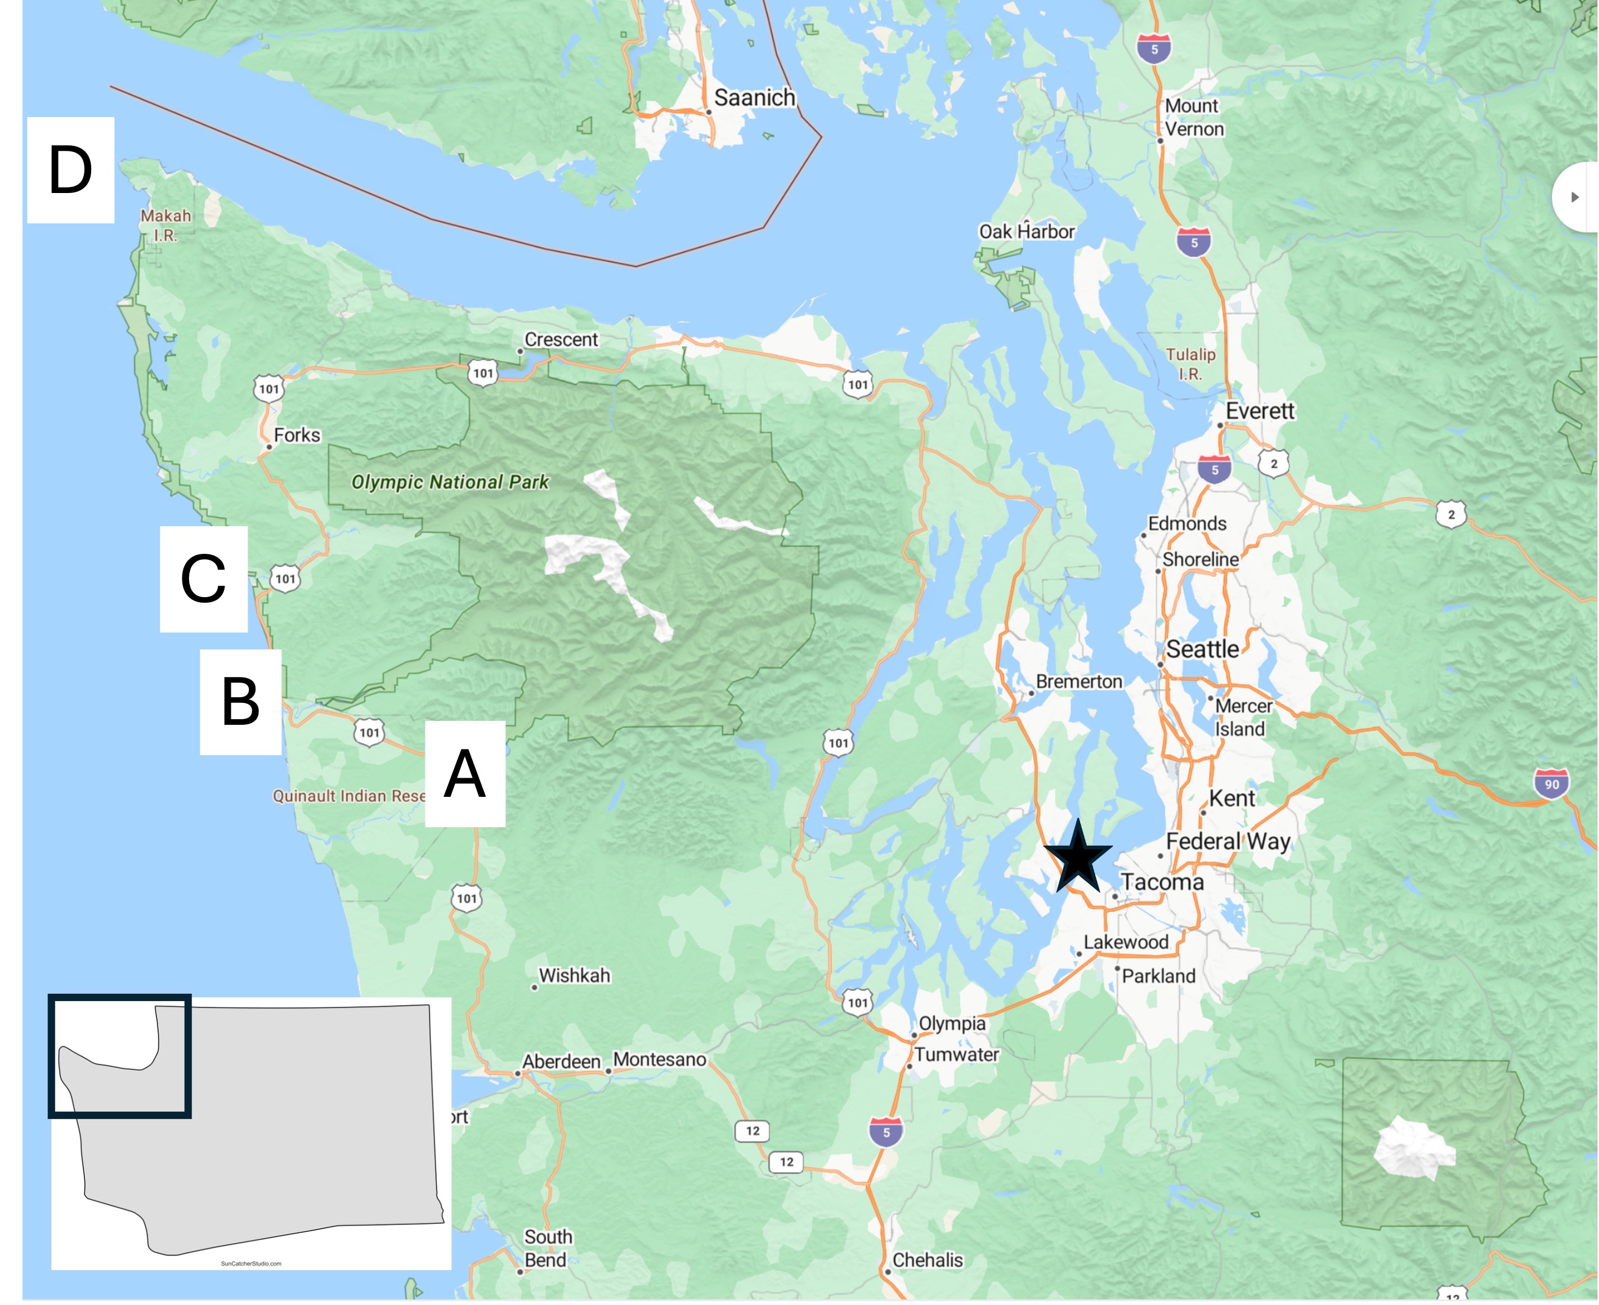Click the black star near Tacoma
coord(1077,858)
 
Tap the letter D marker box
coord(71,170)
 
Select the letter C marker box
coord(203,579)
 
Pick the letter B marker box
coord(240,701)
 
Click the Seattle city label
coord(1202,649)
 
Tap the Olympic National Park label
coord(450,482)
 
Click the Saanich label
coord(754,98)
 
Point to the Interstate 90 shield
coord(1552,784)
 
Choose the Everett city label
coord(1260,411)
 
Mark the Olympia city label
coord(952,1023)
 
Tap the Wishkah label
coord(574,975)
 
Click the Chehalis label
coord(927,1260)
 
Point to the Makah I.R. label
coord(165,225)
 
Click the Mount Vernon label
coord(1194,117)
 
